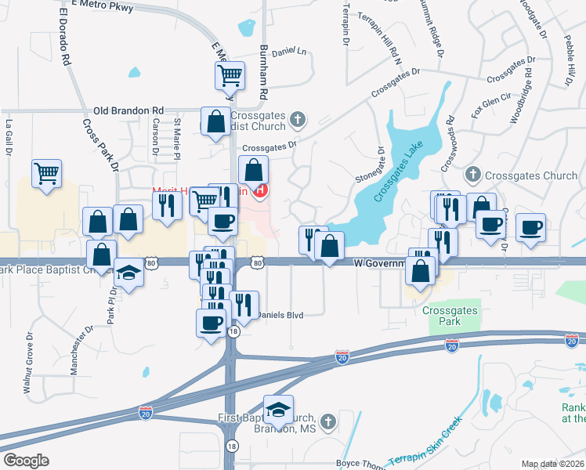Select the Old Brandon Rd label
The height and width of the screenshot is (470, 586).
tap(128, 111)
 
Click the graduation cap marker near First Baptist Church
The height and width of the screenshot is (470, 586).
tap(278, 410)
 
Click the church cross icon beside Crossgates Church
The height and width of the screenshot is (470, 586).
tap(472, 174)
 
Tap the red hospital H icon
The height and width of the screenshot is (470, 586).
tap(262, 190)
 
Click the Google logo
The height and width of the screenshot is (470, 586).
tap(26, 461)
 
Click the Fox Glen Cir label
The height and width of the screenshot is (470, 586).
tap(491, 106)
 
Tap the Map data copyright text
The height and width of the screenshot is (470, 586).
tap(553, 464)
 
